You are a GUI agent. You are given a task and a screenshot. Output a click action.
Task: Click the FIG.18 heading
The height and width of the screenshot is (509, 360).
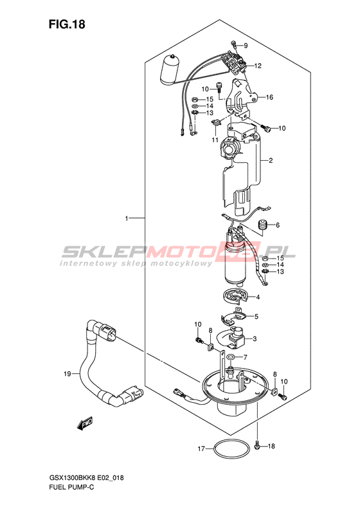pos(67,24)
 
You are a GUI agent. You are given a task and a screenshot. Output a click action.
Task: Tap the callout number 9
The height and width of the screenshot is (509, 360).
pos(246,46)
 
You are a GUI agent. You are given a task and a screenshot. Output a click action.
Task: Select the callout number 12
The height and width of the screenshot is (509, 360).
pos(258,66)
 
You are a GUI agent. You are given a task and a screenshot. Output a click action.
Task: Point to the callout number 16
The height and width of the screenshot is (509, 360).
pos(269,97)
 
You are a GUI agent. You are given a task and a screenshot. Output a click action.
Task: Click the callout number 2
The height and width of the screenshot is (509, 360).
pos(271,160)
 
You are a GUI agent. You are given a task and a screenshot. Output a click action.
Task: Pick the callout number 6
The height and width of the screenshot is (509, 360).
pos(278,225)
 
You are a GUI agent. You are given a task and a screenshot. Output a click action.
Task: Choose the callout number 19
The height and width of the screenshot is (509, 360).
pos(67,374)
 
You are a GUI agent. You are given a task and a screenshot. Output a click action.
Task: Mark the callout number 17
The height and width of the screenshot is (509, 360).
pos(201,449)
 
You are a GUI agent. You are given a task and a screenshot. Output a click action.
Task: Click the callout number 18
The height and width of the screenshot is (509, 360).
pos(271,446)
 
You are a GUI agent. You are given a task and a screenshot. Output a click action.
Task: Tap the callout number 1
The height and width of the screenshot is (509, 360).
pos(127,219)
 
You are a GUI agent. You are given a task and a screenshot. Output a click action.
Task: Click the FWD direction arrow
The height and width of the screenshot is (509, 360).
pos(85,423)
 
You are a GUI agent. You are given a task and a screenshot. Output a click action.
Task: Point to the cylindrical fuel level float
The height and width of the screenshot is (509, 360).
pos(170,69)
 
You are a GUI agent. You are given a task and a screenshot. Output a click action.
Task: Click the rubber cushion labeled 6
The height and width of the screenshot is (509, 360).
pos(263,225)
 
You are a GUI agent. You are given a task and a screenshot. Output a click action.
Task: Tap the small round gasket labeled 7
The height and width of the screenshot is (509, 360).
pos(231,357)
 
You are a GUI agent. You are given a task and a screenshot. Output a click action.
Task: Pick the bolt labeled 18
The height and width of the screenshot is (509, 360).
pos(257,446)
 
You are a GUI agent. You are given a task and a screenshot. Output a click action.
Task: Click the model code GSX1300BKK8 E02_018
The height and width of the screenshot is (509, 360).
pos(86,477)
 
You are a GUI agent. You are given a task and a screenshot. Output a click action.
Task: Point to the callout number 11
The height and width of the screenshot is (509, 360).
pos(215,140)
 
